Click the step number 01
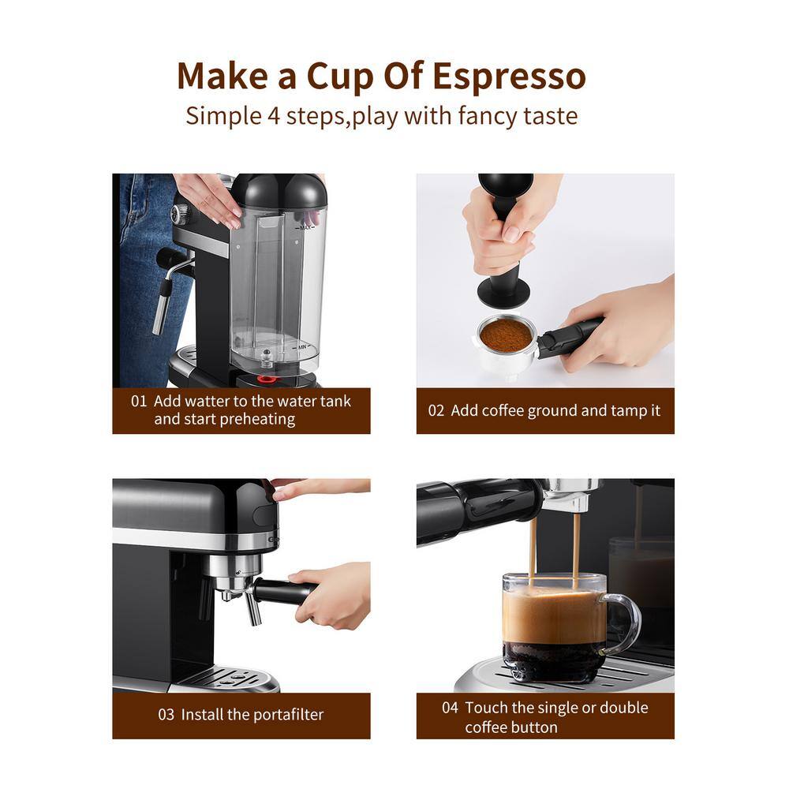[x=139, y=401]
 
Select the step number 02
[x=436, y=410]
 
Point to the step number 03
[x=166, y=715]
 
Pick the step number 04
[x=450, y=708]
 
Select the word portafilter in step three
[x=288, y=715]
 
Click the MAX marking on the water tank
[x=305, y=227]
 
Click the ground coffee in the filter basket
[x=506, y=335]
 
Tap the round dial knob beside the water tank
[x=181, y=213]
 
